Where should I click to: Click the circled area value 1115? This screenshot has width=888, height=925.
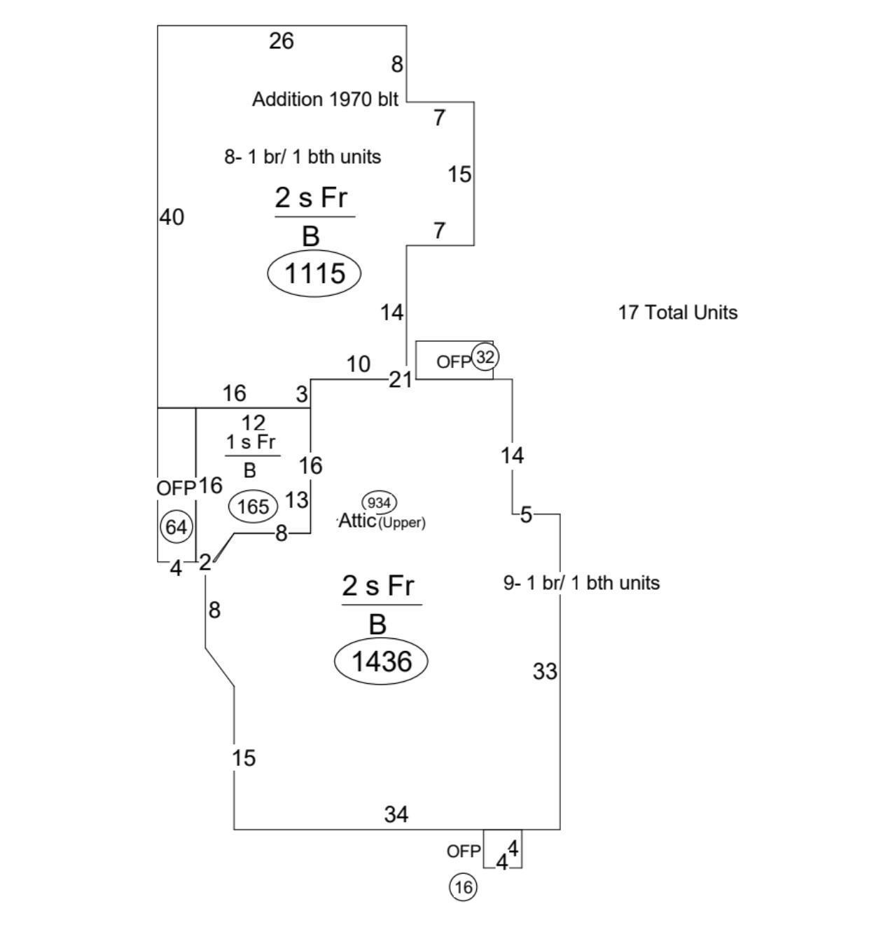pyautogui.click(x=314, y=273)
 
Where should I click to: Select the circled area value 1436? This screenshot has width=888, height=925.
pyautogui.click(x=381, y=661)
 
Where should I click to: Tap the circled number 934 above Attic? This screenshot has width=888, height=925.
pyautogui.click(x=379, y=502)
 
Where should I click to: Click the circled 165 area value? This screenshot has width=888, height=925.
pyautogui.click(x=253, y=506)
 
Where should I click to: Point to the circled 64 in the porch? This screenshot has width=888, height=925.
pyautogui.click(x=176, y=527)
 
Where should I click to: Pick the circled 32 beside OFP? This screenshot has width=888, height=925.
pyautogui.click(x=485, y=357)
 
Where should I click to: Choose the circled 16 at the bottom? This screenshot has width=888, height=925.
pyautogui.click(x=463, y=887)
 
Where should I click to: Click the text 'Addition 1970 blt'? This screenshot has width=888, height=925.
pyautogui.click(x=325, y=100)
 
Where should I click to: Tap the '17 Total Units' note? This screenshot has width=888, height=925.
pyautogui.click(x=677, y=313)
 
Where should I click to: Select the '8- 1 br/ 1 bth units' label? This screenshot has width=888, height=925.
pyautogui.click(x=303, y=157)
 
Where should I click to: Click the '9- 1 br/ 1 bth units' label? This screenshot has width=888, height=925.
pyautogui.click(x=581, y=583)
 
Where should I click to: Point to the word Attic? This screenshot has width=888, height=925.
pyautogui.click(x=357, y=522)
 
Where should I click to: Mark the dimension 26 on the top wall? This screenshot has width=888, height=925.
pyautogui.click(x=281, y=41)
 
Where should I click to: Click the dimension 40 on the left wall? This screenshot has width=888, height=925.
pyautogui.click(x=172, y=217)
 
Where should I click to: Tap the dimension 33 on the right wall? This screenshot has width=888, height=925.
pyautogui.click(x=545, y=671)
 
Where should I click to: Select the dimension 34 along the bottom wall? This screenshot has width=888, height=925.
pyautogui.click(x=396, y=814)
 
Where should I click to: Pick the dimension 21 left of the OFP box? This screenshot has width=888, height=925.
pyautogui.click(x=401, y=380)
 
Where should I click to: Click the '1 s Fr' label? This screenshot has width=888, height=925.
pyautogui.click(x=250, y=443)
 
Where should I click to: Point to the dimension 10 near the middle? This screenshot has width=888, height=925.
pyautogui.click(x=358, y=364)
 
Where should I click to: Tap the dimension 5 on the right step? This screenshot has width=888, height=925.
pyautogui.click(x=526, y=515)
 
